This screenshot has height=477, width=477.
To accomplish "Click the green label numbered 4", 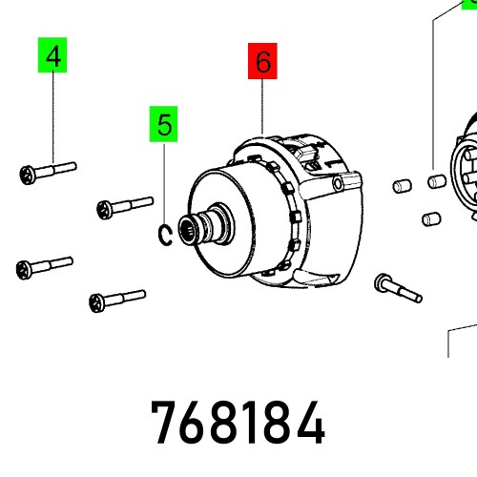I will coord(54,56).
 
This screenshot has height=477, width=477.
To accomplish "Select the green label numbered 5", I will coord(164,124).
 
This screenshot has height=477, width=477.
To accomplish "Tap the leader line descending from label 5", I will coord(164,181).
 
